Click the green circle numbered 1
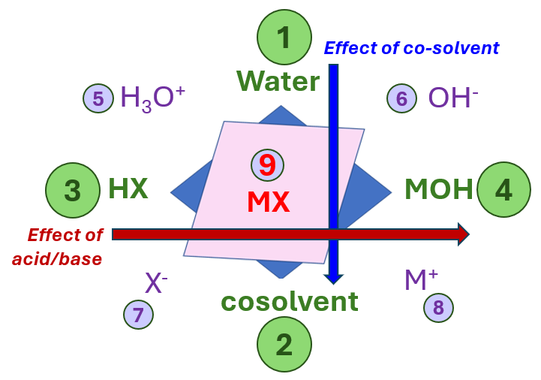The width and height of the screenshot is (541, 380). click(x=284, y=38)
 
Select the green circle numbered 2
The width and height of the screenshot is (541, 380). click(x=284, y=344)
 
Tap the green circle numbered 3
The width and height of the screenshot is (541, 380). click(x=73, y=190)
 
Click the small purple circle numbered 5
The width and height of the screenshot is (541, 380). click(x=98, y=98)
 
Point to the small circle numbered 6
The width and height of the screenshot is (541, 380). click(x=401, y=98)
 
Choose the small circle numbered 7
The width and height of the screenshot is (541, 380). click(x=138, y=314)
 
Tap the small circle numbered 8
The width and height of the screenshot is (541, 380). click(x=438, y=306)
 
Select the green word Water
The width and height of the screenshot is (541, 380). click(x=278, y=81)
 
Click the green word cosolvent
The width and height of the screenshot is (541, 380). click(x=289, y=301)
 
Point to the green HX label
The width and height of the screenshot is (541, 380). click(x=128, y=189)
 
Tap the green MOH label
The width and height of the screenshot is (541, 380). click(x=439, y=189)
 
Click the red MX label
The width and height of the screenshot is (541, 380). click(x=268, y=202)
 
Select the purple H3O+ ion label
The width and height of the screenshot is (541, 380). click(x=153, y=98)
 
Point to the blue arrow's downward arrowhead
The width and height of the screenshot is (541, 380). click(x=333, y=279)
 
